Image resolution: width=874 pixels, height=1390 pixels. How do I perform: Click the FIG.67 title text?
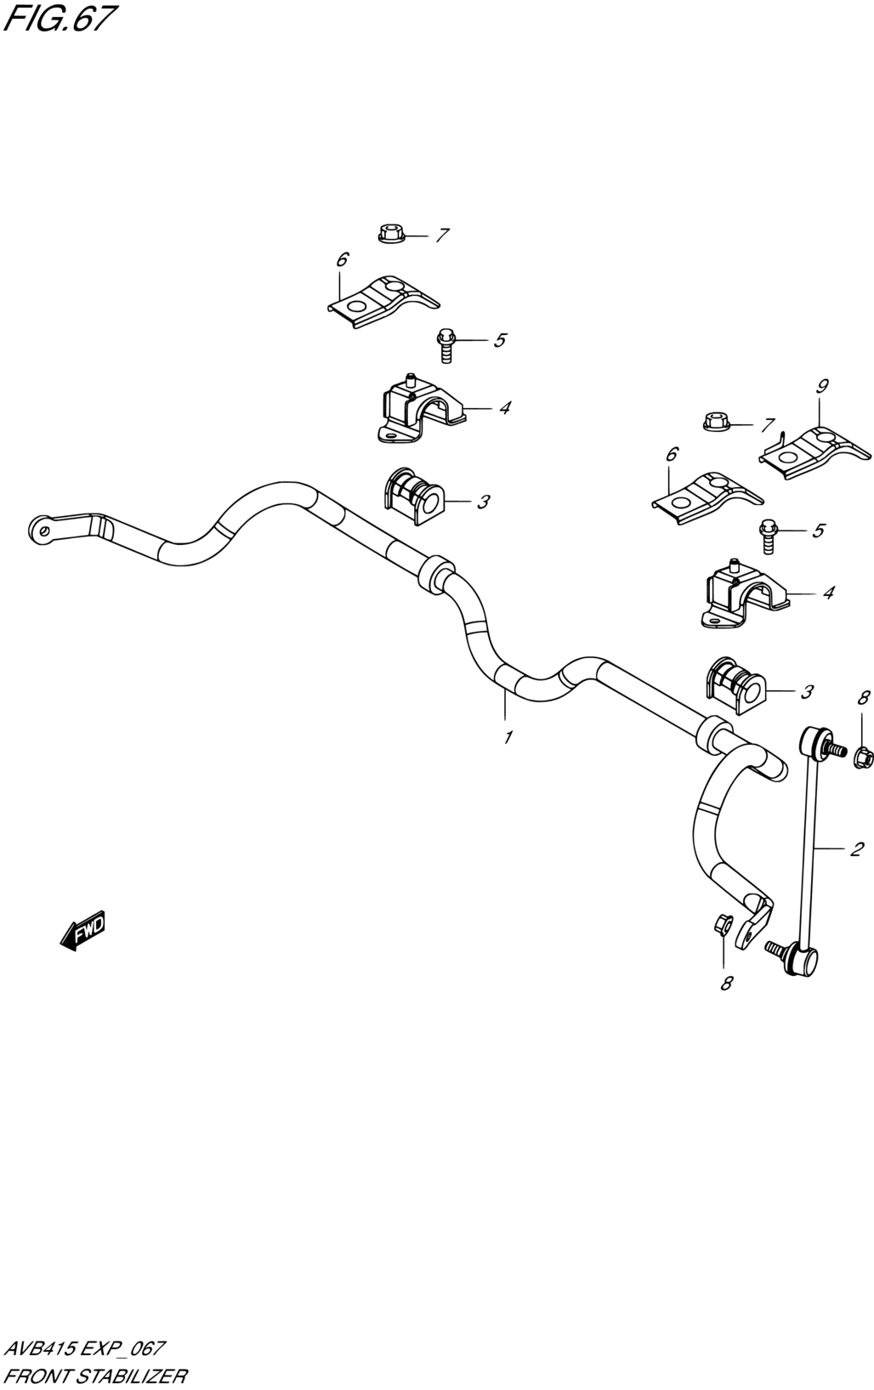[60, 20]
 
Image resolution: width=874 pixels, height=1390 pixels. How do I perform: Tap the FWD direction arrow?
[82, 931]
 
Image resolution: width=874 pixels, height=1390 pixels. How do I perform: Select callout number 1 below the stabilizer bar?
[508, 737]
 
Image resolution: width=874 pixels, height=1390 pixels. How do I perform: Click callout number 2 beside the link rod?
[856, 849]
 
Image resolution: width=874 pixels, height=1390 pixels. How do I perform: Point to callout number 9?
[822, 387]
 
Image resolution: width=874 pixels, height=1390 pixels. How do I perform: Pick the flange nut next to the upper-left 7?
[391, 234]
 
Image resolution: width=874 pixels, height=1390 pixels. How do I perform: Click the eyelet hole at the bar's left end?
[43, 530]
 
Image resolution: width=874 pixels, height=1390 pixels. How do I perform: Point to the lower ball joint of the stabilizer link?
[800, 976]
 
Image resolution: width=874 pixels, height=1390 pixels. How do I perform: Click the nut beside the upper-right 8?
[864, 757]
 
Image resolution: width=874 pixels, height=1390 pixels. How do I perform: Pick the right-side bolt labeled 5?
[769, 536]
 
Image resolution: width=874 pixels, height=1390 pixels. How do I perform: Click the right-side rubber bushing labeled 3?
[735, 686]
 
